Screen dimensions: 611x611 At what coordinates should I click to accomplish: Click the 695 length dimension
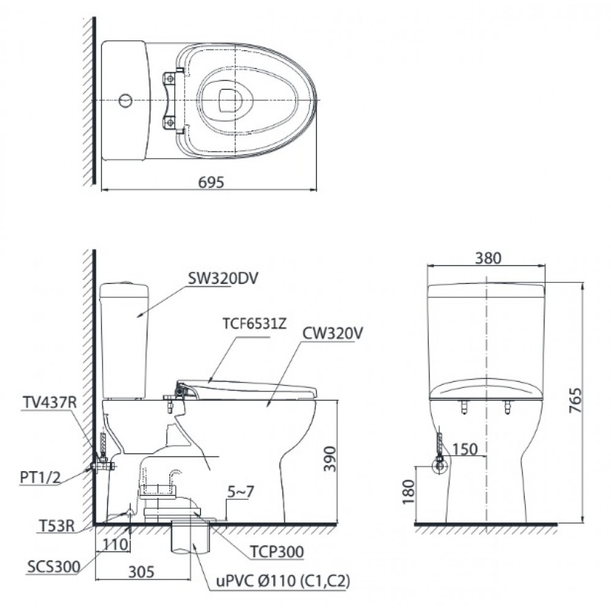click(211, 182)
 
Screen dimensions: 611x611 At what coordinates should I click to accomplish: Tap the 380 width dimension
click(488, 258)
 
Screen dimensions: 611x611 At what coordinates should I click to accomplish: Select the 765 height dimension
click(575, 400)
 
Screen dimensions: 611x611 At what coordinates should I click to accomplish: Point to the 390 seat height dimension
click(330, 459)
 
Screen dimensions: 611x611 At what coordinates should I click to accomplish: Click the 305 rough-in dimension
click(142, 572)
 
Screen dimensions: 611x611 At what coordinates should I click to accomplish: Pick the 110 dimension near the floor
click(115, 544)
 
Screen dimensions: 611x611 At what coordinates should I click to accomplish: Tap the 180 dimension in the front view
click(408, 492)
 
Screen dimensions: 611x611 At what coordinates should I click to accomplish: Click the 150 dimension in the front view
click(464, 449)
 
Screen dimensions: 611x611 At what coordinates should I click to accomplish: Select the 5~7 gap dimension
click(240, 492)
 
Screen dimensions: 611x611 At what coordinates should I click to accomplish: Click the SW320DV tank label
click(223, 279)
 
